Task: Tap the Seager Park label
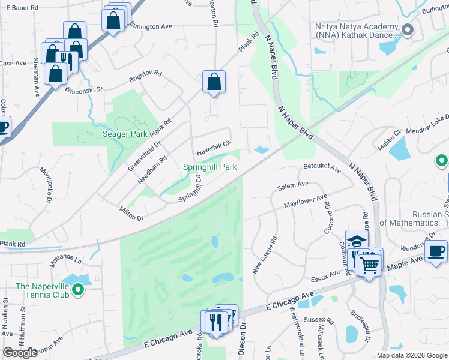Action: (x=125, y=134)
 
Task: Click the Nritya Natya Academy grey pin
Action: (x=408, y=29)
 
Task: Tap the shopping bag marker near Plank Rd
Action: (x=214, y=82)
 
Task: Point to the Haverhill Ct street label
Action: (x=211, y=144)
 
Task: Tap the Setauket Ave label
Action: (x=322, y=170)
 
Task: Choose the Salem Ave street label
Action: (x=292, y=187)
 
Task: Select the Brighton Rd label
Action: (x=145, y=77)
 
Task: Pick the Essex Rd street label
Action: (x=323, y=280)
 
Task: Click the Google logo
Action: (x=20, y=353)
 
